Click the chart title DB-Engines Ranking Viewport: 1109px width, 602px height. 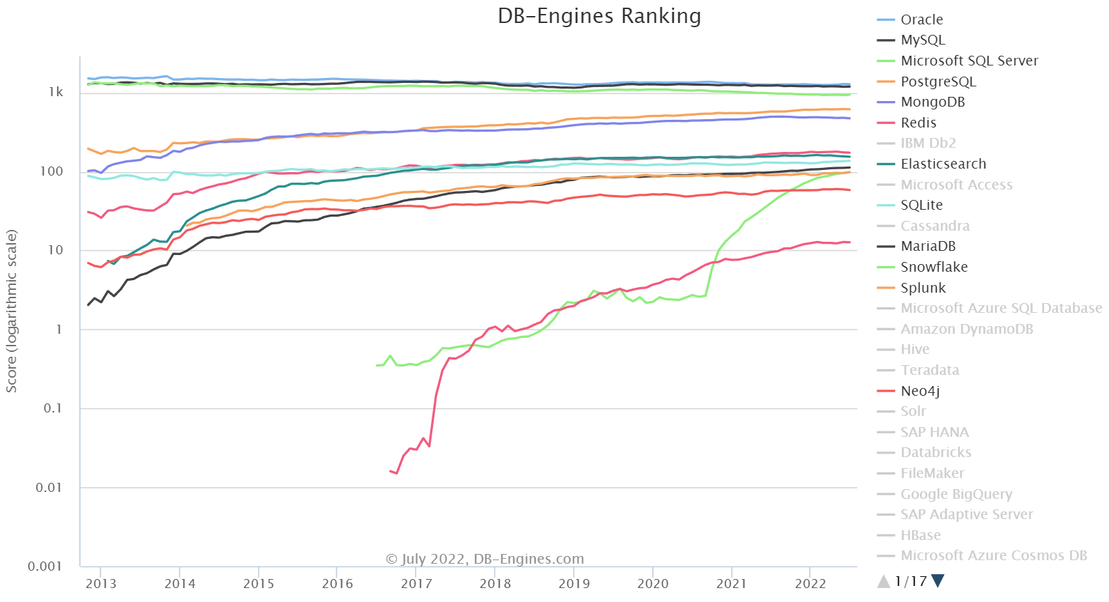tap(599, 16)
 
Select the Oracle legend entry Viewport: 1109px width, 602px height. tap(921, 20)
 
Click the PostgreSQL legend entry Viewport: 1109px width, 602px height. tap(938, 82)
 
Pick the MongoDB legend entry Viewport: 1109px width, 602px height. tap(932, 102)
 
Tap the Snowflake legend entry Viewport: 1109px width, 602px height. tap(934, 267)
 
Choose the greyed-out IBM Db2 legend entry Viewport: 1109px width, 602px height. tap(928, 144)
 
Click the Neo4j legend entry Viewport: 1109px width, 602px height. tap(920, 391)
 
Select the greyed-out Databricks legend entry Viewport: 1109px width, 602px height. tap(936, 453)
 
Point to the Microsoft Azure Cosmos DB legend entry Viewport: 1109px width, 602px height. tap(993, 556)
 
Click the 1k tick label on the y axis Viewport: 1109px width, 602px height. tap(56, 92)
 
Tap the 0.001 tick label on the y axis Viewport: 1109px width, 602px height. tap(45, 566)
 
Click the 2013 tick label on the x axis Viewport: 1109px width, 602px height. tap(101, 584)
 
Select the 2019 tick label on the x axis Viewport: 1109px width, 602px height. tap(574, 584)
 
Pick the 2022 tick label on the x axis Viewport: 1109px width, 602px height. tap(811, 584)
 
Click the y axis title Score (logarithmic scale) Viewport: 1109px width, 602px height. tap(12, 311)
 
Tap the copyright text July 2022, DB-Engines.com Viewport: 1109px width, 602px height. tap(485, 559)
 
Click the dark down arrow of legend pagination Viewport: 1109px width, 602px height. tap(938, 580)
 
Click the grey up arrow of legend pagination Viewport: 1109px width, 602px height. tap(884, 580)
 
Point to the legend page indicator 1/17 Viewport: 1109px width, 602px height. tap(911, 581)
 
